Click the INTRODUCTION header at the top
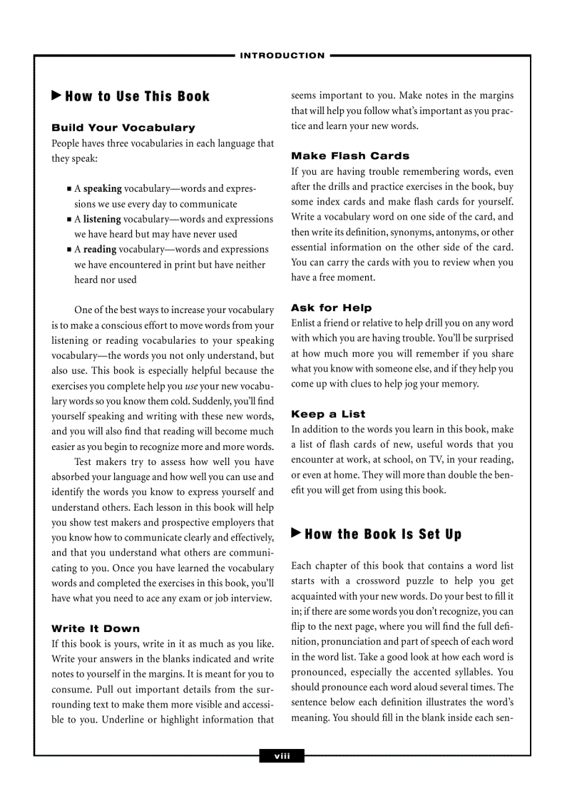coord(282,56)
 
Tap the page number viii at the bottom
coord(282,756)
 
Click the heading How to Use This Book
coord(138,96)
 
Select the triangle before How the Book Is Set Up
coord(297,534)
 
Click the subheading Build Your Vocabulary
coord(123,128)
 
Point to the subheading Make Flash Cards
coord(349,155)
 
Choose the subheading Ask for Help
coord(331,308)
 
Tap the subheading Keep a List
coord(327,414)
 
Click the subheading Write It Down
coord(96,628)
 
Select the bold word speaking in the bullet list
coord(103,189)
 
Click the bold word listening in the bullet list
coord(102,219)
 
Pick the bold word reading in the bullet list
coord(100,250)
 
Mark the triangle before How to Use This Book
coord(56,96)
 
